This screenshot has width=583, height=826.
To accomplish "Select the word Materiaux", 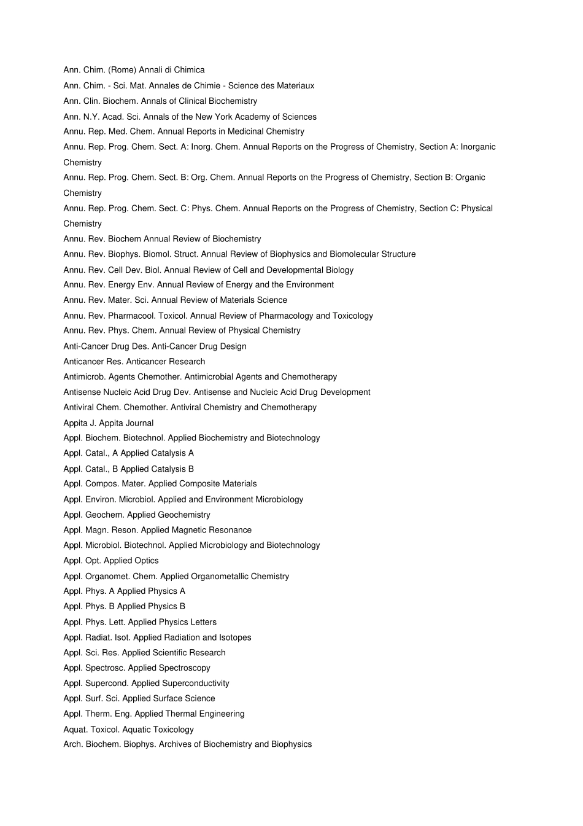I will (x=293, y=86).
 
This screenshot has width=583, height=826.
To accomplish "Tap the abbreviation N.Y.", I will (x=91, y=117).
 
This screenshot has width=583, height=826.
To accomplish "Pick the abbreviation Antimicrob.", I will (x=85, y=377).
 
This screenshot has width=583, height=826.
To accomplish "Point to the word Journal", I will (x=139, y=423).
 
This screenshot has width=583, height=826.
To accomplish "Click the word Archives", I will (x=175, y=744).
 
